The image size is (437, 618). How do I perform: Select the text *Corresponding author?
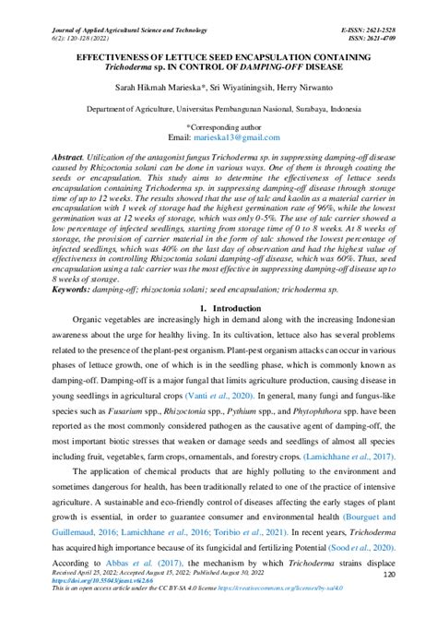[218, 126]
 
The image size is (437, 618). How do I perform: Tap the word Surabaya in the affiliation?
[319, 108]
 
